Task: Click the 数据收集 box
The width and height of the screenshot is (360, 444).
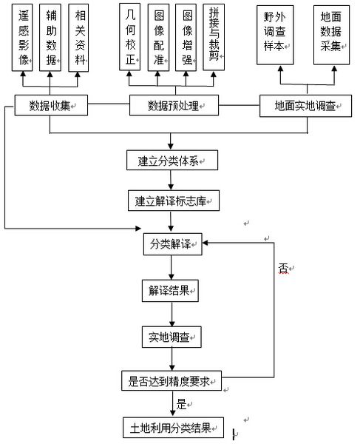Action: coord(51,105)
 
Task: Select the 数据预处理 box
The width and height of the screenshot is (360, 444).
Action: coord(174,105)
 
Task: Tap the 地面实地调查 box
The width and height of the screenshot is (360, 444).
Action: coord(306,106)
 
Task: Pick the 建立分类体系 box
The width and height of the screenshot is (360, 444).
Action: coord(172,161)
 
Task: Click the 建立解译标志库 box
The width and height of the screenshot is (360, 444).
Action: coord(174,201)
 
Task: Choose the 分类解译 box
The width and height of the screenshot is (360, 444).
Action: coord(172,244)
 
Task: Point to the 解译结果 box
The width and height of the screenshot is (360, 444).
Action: coord(170,291)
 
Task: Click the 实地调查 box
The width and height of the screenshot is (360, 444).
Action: coord(171,337)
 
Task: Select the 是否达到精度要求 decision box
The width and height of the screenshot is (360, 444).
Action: coord(171,381)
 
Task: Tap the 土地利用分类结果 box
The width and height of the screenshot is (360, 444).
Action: coord(174,428)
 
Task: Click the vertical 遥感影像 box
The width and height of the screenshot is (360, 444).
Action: coord(22,38)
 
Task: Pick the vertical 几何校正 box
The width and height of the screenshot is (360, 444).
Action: coord(130,36)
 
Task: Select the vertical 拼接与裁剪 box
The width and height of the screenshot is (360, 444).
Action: coord(214,37)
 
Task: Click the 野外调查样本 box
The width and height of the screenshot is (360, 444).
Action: coord(275,35)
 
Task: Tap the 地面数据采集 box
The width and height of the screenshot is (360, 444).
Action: coord(331,35)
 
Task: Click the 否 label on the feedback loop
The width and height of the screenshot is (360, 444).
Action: coord(283,268)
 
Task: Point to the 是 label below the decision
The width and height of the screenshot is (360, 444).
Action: coord(181,404)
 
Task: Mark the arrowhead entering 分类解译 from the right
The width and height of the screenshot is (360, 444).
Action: coord(206,243)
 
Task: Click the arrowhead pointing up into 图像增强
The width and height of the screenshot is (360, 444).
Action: coord(186,73)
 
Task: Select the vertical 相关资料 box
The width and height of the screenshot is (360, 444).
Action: coord(78,38)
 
